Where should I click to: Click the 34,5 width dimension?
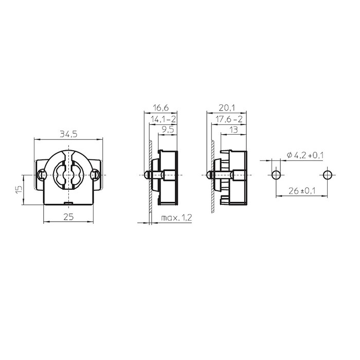(x=68, y=134)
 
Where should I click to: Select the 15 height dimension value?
(x=19, y=189)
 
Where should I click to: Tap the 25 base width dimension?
(x=68, y=217)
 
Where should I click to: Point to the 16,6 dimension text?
(x=160, y=108)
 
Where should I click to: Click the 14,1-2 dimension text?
(x=163, y=119)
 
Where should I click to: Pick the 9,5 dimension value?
(x=167, y=131)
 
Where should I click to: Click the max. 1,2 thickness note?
(x=176, y=218)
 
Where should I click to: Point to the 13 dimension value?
(x=233, y=131)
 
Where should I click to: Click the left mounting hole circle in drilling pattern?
(x=277, y=174)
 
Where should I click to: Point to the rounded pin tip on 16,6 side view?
(x=147, y=175)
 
